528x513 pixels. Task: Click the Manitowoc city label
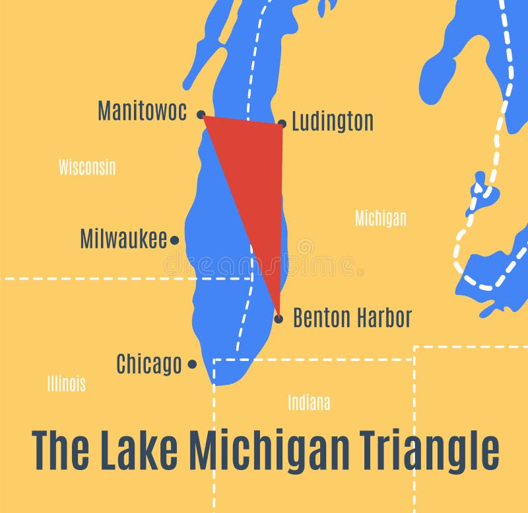pyautogui.click(x=142, y=110)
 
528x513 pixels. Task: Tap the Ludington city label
pyautogui.click(x=332, y=122)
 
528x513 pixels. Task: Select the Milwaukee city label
pyautogui.click(x=123, y=239)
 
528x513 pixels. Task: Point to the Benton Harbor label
pyautogui.click(x=352, y=318)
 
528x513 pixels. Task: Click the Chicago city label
pyautogui.click(x=148, y=364)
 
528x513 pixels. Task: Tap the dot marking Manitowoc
pyautogui.click(x=201, y=114)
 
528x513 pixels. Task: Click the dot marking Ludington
pyautogui.click(x=282, y=123)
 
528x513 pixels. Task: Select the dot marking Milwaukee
pyautogui.click(x=174, y=241)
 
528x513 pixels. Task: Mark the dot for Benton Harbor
pyautogui.click(x=279, y=319)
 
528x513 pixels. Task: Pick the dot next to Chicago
pyautogui.click(x=192, y=364)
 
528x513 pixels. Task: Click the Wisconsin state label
pyautogui.click(x=86, y=167)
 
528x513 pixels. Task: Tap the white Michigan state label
pyautogui.click(x=381, y=218)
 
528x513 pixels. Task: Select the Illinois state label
pyautogui.click(x=66, y=383)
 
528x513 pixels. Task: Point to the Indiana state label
pyautogui.click(x=309, y=402)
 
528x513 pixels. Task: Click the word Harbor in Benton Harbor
pyautogui.click(x=381, y=318)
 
